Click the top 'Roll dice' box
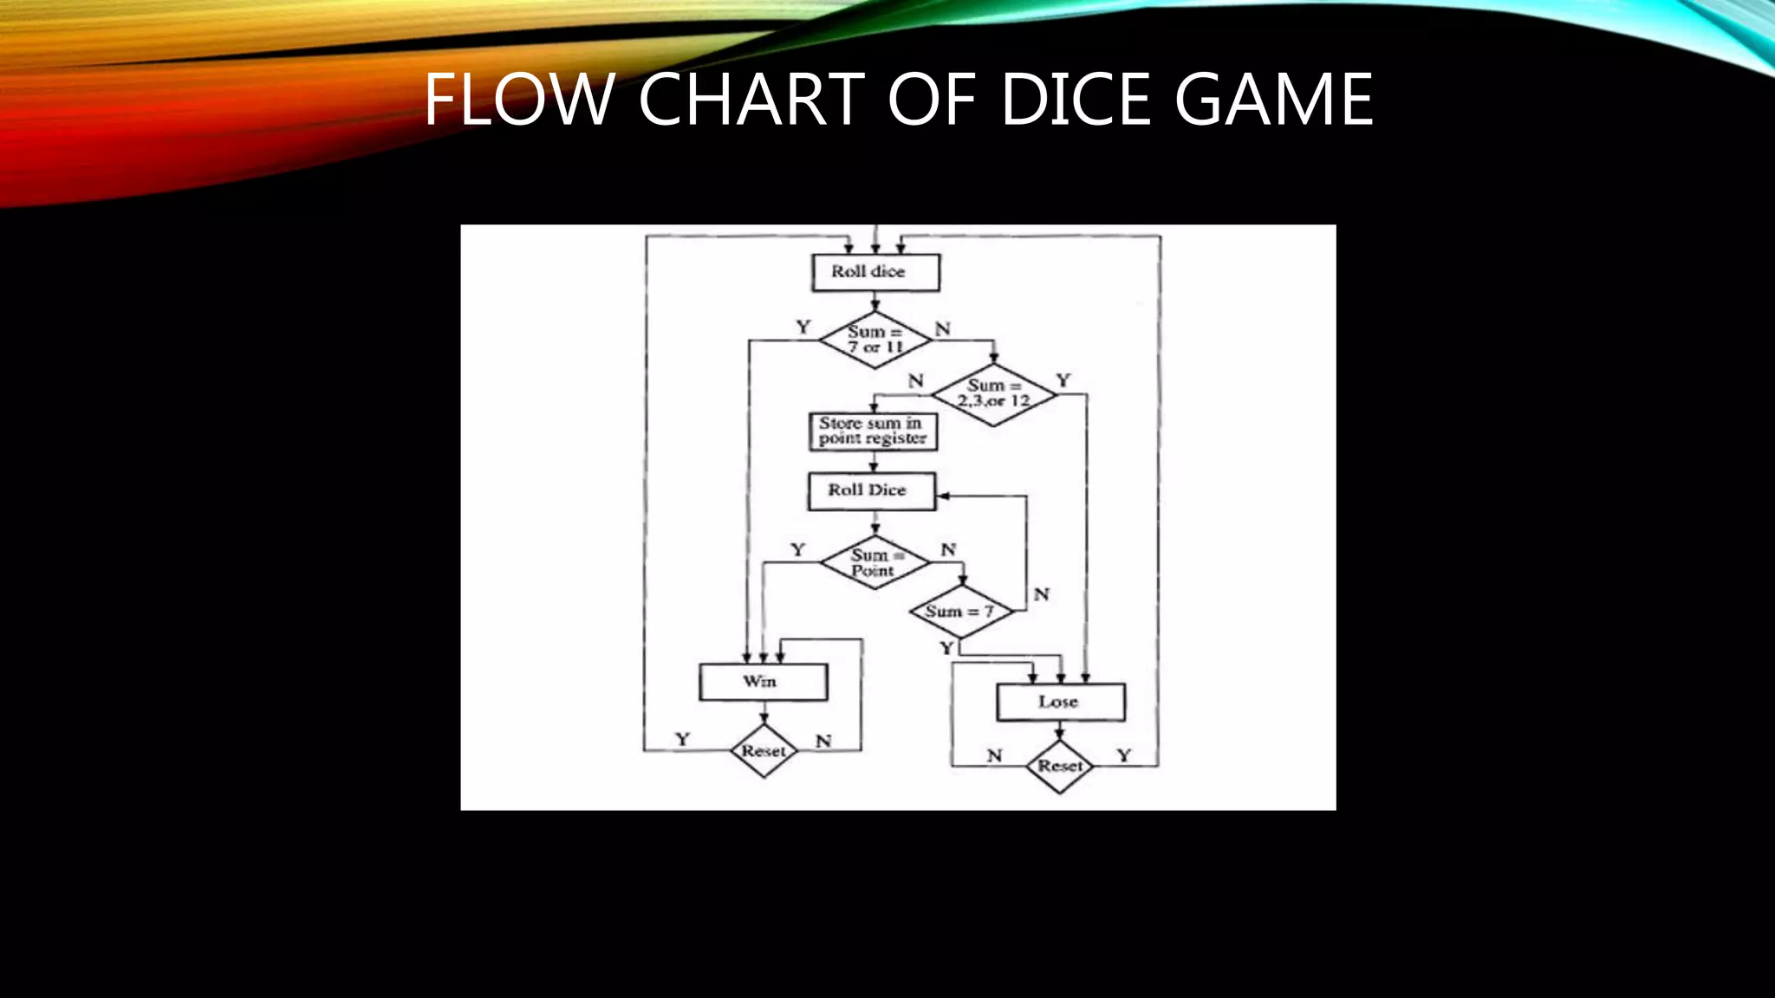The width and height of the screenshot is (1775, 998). pos(875,272)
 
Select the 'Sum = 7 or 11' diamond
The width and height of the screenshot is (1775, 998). pos(875,340)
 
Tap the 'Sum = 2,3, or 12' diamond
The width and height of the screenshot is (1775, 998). pos(993,394)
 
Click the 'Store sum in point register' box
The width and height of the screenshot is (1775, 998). pos(873,431)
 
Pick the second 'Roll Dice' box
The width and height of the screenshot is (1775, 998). pos(871,491)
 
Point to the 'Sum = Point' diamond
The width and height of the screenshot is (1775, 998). pos(874,563)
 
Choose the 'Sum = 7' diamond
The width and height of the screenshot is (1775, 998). pos(960,612)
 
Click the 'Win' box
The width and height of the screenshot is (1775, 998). pos(763,682)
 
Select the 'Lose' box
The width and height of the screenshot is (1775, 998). pos(1060,702)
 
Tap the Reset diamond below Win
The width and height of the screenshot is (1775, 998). pos(764,751)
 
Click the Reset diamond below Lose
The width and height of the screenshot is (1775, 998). pos(1059,766)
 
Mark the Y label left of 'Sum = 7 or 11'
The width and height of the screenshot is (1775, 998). pos(803,327)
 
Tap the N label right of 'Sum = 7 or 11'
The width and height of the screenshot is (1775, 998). pos(943,329)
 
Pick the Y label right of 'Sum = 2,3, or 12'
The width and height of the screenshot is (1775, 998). pos(1063,380)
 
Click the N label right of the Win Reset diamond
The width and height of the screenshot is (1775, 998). pos(823,741)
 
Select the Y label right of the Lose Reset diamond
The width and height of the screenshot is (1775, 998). pos(1124,755)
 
